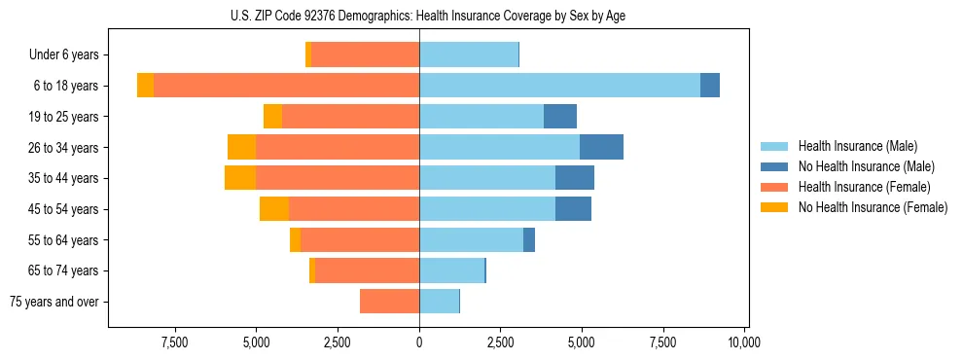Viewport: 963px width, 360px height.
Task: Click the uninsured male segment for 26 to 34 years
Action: point(601,147)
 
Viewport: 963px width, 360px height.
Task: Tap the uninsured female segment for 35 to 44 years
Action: point(240,178)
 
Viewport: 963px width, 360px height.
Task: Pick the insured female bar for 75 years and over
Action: point(389,302)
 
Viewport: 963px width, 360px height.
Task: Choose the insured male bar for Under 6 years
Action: point(469,54)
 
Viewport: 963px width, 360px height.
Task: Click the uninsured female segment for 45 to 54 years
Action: point(274,209)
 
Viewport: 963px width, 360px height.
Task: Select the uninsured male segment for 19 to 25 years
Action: point(560,117)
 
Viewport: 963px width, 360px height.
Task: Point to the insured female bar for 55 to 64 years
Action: point(360,240)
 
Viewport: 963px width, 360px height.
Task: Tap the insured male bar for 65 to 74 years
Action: point(451,270)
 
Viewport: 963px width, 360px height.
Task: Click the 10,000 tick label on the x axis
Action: point(744,342)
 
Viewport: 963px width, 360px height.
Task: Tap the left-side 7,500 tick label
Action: point(175,342)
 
